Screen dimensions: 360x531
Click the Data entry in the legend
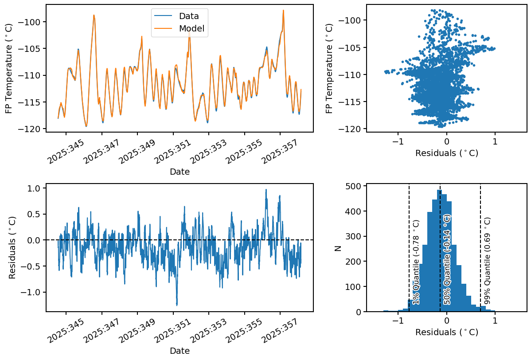pyautogui.click(x=189, y=16)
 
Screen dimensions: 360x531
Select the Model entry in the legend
pyautogui.click(x=191, y=29)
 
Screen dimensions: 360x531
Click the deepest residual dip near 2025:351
pyautogui.click(x=177, y=305)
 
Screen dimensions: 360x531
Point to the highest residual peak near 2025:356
pyautogui.click(x=266, y=190)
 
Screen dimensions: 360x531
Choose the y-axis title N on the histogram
pyautogui.click(x=338, y=249)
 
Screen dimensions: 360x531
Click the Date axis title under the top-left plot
pyautogui.click(x=180, y=172)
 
